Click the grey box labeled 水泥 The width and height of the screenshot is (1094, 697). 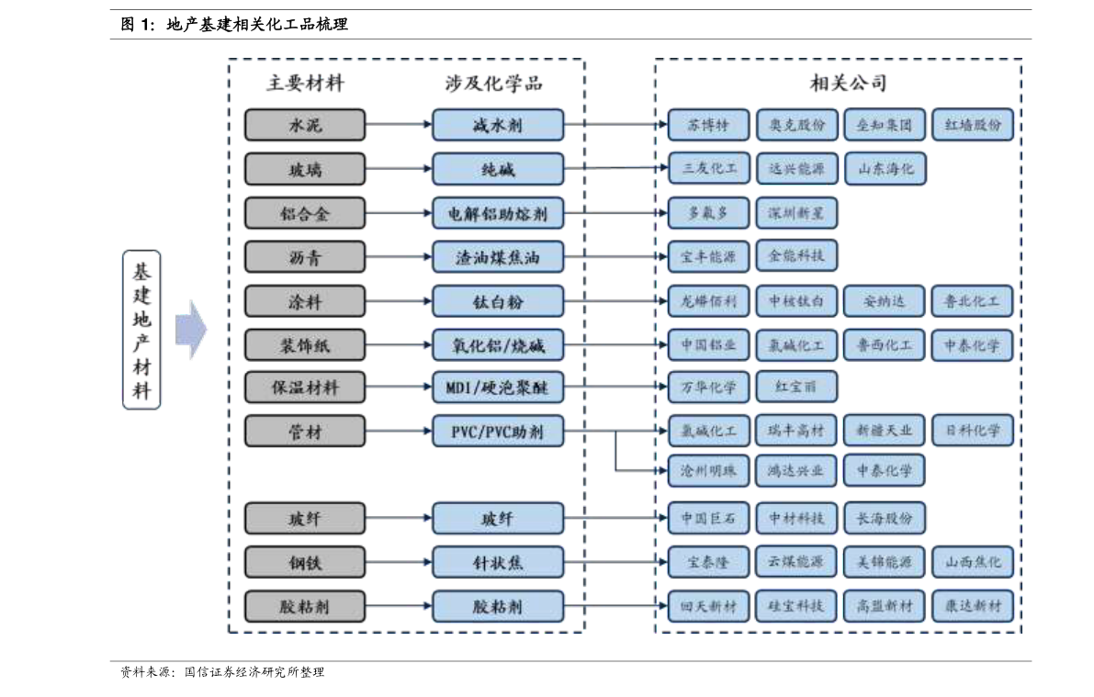pos(304,125)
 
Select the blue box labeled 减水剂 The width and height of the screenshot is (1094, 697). pos(498,125)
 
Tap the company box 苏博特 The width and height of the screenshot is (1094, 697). pos(708,125)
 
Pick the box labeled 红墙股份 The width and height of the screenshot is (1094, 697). pos(973,125)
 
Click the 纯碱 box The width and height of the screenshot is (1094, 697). pos(498,169)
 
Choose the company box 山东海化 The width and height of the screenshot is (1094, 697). pos(885,169)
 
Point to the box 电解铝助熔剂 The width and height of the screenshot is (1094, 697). pos(498,214)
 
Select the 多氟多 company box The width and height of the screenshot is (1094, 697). pos(708,213)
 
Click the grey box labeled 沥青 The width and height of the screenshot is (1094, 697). pos(304,257)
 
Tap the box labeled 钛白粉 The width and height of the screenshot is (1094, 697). pos(498,301)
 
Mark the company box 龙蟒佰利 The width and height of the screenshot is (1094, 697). pos(708,300)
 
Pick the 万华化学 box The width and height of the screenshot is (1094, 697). pos(708,387)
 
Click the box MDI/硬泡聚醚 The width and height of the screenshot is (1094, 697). pos(498,388)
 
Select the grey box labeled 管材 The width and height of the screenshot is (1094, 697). pos(304,432)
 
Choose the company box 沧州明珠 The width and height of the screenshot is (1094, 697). pos(708,471)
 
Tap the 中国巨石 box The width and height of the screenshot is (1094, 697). pos(708,518)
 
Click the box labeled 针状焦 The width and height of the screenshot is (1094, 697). pos(498,562)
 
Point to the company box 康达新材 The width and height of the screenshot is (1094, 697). pos(973,606)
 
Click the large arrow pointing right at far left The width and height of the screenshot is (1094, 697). pos(191,329)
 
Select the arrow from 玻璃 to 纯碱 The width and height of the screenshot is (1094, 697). pos(398,169)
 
